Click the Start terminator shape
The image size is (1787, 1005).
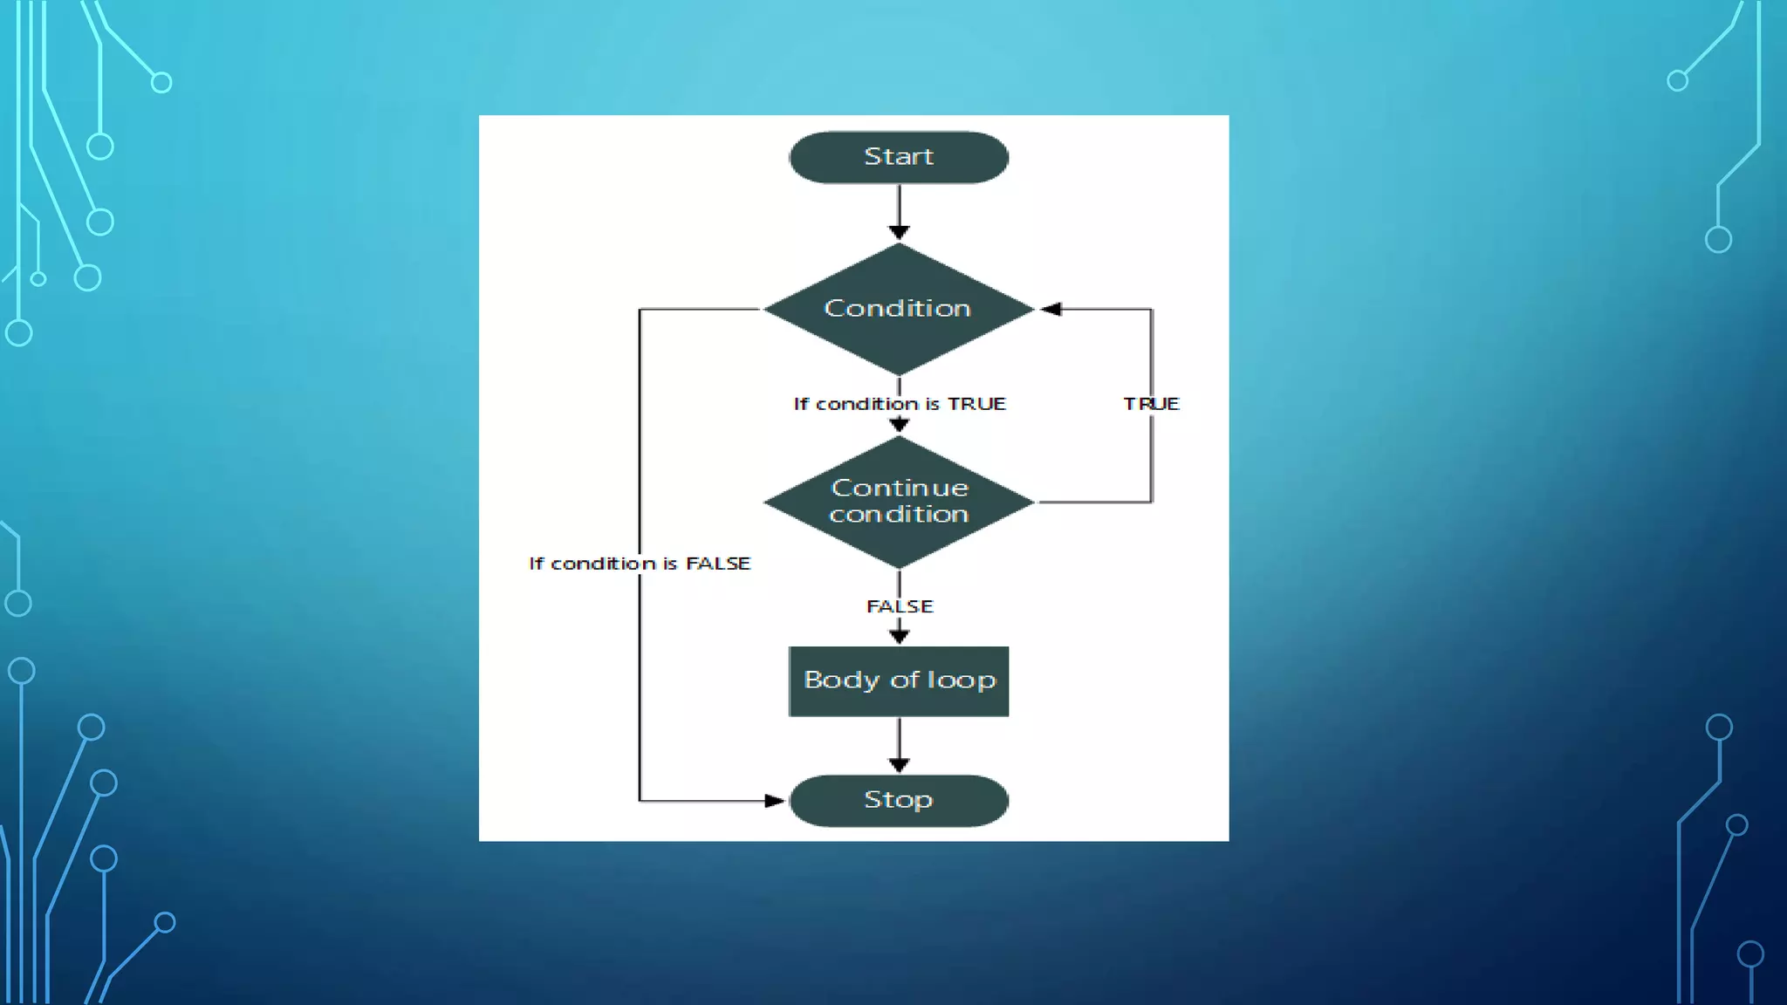pos(899,158)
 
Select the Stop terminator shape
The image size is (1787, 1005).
pos(899,800)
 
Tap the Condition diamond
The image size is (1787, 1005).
pos(899,309)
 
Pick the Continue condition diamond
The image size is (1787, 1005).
pos(899,502)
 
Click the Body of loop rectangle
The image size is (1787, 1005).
pos(899,681)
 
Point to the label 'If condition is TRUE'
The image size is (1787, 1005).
pos(899,404)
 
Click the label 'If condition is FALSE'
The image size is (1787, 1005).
pos(640,564)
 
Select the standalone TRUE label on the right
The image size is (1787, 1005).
pos(1151,404)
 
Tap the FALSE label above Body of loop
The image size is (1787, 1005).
pos(899,606)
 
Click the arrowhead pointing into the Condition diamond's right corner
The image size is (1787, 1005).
pos(1051,309)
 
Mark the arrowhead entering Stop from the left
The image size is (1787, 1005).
pos(774,800)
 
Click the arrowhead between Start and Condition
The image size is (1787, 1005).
pos(899,231)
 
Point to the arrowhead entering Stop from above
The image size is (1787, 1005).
pos(899,765)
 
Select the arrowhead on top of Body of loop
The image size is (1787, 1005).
pos(899,636)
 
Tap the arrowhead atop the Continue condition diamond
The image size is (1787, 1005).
pos(899,425)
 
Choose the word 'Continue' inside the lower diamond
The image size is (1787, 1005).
pos(900,488)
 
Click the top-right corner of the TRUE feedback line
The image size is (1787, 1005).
pos(1152,309)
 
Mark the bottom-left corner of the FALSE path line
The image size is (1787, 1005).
pos(640,800)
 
